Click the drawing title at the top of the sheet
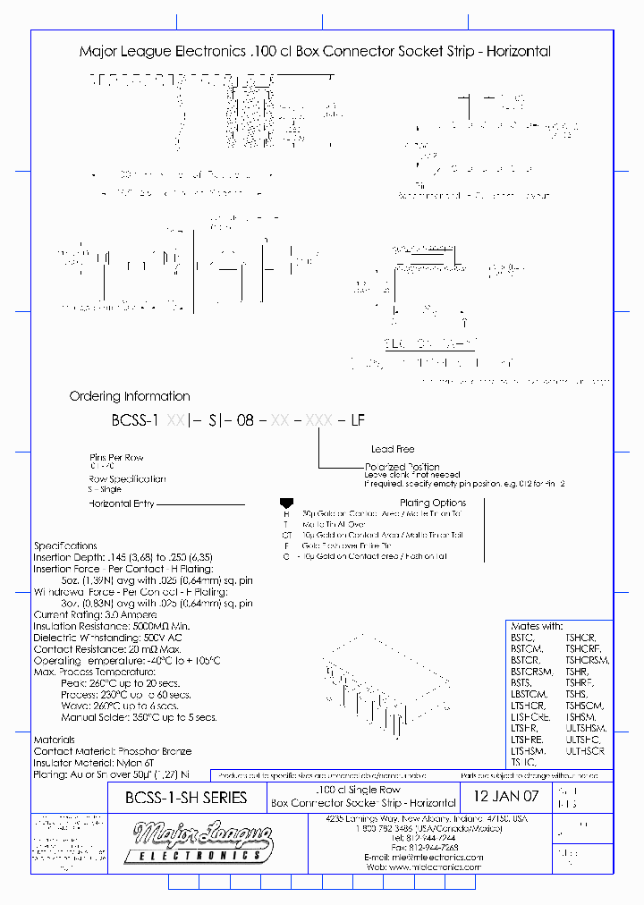315,52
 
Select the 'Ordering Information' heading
130,396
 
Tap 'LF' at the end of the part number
355,420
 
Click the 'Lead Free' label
393,449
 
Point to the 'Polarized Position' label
402,467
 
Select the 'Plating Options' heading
434,503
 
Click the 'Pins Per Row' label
117,456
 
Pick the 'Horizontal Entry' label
121,503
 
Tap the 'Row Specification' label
127,479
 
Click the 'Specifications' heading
65,546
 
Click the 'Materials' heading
54,740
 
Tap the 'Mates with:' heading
537,626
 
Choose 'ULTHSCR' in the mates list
586,752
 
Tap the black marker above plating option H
286,504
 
